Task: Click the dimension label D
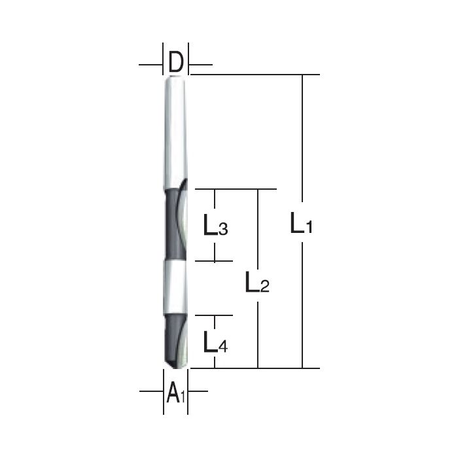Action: coord(175,63)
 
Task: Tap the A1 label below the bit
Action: coord(175,393)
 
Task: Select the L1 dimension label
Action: coord(302,226)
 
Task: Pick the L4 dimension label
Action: coord(215,342)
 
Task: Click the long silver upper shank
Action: coord(175,131)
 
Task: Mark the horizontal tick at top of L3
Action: coord(215,190)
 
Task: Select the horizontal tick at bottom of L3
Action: coord(215,260)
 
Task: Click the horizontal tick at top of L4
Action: coord(215,315)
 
